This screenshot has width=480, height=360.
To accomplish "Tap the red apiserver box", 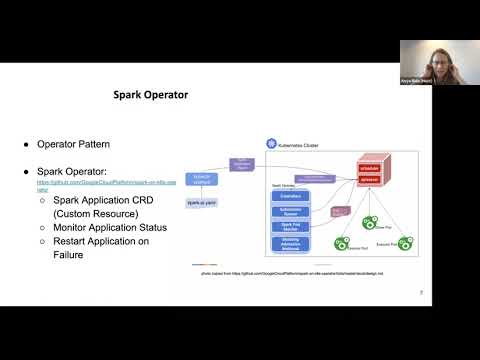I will (380, 181).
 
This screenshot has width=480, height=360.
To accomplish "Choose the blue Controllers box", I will (291, 196).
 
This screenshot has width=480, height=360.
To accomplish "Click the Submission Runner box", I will (291, 211).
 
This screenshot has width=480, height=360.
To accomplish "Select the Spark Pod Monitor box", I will (291, 227).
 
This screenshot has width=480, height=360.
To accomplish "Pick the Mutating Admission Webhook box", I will (291, 245).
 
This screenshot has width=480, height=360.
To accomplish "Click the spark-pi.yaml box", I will (203, 202).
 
